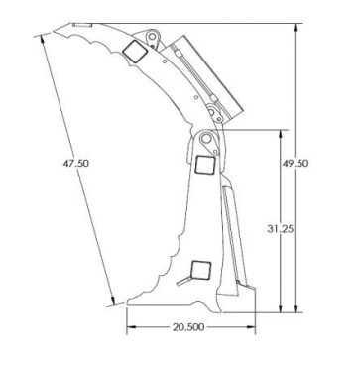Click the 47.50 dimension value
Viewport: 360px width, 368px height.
click(x=76, y=163)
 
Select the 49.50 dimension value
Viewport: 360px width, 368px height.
click(x=296, y=163)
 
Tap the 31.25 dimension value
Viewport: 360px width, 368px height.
click(x=281, y=229)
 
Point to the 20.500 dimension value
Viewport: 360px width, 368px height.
click(x=188, y=327)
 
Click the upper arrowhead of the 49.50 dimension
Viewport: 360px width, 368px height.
click(x=296, y=28)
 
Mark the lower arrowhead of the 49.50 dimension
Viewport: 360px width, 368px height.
click(x=296, y=307)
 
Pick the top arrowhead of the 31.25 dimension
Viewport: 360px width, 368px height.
click(x=281, y=134)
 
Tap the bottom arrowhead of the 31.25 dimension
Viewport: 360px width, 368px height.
click(x=281, y=307)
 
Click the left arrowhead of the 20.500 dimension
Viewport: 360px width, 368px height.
click(x=131, y=327)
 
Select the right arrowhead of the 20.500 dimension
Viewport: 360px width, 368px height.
click(x=251, y=327)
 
